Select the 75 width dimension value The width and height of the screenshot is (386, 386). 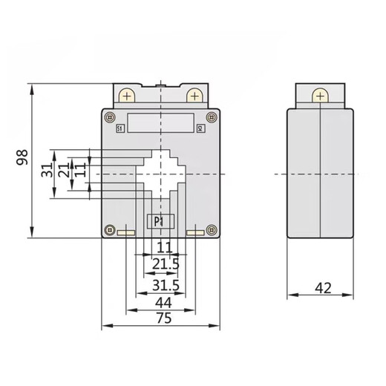(163, 318)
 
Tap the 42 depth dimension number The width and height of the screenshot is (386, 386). (321, 288)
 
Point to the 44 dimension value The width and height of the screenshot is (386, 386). (163, 302)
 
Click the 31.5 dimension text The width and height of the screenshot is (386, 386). (163, 286)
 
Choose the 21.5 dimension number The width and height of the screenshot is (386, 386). (163, 265)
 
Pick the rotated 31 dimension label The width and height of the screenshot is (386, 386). (47, 171)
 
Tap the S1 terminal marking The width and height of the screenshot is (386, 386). (121, 129)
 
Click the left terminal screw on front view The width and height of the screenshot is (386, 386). (128, 96)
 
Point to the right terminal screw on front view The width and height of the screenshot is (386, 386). (194, 96)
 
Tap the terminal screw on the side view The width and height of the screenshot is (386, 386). (321, 96)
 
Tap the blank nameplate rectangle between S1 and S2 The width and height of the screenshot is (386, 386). (160, 121)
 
